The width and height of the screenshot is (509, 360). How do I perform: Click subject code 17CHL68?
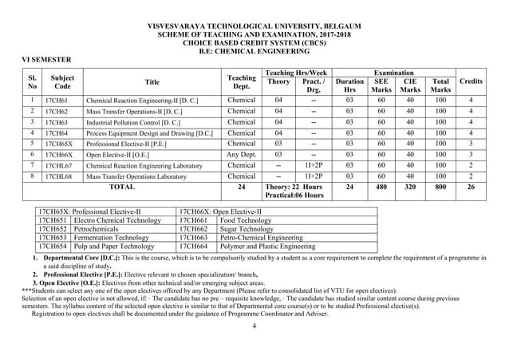coord(60,175)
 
